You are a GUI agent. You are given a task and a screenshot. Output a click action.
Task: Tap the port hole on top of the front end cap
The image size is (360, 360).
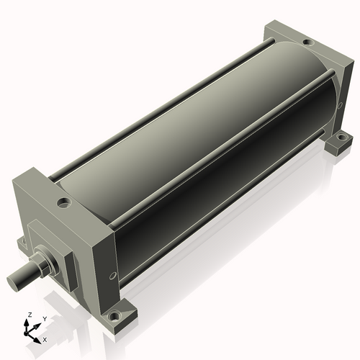[64, 203]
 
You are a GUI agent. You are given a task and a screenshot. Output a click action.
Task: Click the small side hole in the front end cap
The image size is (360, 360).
[112, 276]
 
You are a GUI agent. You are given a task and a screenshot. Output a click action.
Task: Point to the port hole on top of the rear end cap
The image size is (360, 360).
[308, 42]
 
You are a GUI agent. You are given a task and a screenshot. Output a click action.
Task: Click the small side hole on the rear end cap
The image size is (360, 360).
[339, 106]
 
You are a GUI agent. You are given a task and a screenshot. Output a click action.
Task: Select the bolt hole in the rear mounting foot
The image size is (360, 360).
[341, 138]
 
